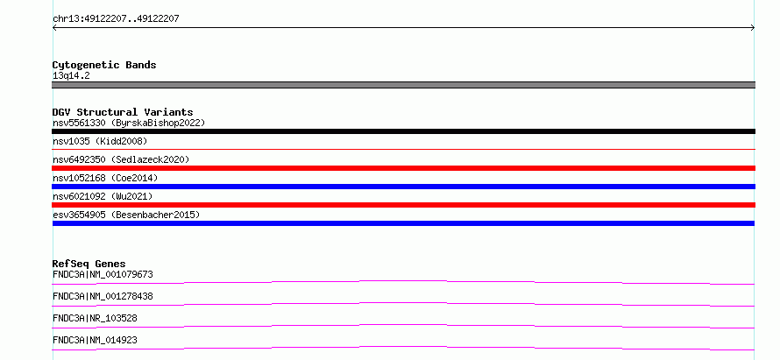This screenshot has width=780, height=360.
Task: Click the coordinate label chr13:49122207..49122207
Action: (116, 19)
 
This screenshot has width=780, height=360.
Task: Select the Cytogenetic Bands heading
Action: (104, 65)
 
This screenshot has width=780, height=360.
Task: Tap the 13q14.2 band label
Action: (71, 76)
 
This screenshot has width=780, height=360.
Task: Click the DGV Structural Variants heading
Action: (123, 112)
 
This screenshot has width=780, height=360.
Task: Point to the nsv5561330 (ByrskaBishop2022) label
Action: (129, 123)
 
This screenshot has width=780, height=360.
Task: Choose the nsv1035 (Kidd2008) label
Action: (100, 141)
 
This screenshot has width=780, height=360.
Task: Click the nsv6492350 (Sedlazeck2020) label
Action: (121, 159)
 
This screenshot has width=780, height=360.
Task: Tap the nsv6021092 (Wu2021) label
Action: (103, 196)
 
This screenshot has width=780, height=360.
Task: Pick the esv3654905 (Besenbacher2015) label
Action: (126, 215)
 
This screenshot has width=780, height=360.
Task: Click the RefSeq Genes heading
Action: (89, 264)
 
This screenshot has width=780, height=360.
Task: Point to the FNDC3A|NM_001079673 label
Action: (103, 274)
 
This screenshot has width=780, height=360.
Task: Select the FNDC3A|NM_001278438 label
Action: (103, 296)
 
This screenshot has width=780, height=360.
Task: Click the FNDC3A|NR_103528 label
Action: (95, 318)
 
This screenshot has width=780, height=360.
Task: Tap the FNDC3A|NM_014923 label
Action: (95, 340)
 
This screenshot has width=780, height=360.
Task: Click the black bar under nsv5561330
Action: (403, 131)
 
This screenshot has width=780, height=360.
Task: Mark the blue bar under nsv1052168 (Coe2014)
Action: (403, 187)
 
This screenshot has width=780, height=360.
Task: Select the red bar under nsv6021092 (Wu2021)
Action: (403, 205)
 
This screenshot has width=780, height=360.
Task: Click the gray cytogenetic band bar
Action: (403, 85)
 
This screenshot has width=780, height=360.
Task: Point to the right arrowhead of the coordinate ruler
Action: (754, 28)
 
